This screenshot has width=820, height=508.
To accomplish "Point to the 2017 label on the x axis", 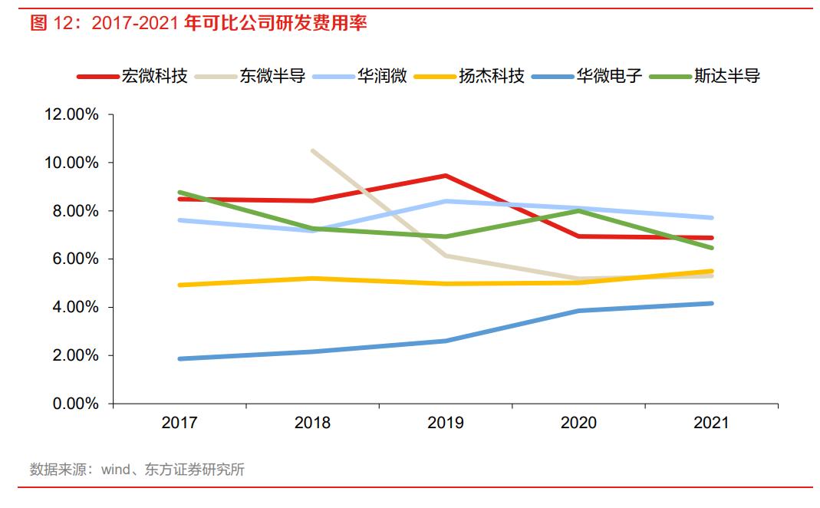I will [179, 423].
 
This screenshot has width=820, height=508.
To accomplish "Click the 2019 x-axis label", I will [446, 423].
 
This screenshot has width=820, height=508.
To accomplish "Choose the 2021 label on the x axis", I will [711, 423].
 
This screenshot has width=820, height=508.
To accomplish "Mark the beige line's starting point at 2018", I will [313, 150].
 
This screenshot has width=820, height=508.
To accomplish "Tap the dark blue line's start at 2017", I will [179, 358].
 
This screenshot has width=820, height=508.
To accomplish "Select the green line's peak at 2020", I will [578, 210].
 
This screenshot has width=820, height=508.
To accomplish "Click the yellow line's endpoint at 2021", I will [711, 271].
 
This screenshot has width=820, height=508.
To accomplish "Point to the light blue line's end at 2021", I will [711, 218].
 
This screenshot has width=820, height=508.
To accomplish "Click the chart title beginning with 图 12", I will [198, 23].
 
